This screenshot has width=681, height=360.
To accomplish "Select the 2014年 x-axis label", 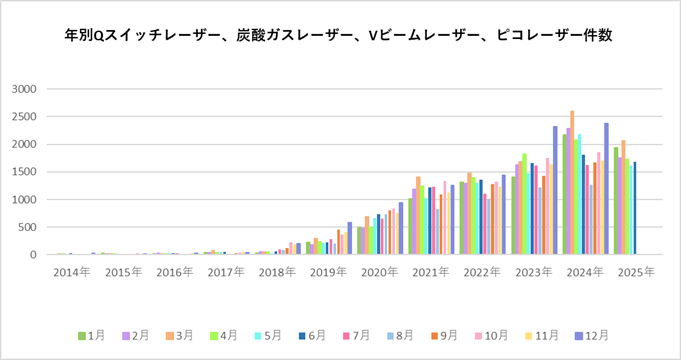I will pyautogui.click(x=70, y=272).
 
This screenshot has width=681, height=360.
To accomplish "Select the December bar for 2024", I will pyautogui.click(x=606, y=190).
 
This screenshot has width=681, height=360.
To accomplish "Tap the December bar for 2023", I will pyautogui.click(x=555, y=191).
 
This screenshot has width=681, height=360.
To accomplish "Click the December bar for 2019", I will pyautogui.click(x=350, y=239).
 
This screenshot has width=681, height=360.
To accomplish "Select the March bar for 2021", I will pyautogui.click(x=418, y=216).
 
